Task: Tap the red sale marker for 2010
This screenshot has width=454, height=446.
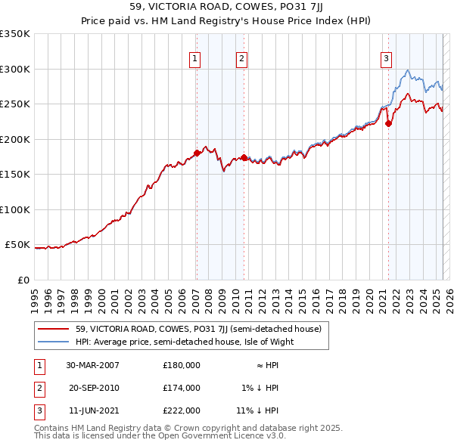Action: coord(244,157)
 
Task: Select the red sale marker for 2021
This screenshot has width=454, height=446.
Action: coord(388,124)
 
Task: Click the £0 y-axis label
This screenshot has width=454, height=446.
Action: coord(23,280)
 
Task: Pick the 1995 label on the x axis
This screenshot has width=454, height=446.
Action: coord(35,295)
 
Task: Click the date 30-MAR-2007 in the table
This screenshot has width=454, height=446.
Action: coord(93,364)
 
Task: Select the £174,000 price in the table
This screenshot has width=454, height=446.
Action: coord(182,388)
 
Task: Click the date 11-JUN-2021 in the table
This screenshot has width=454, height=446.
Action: coord(92,411)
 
